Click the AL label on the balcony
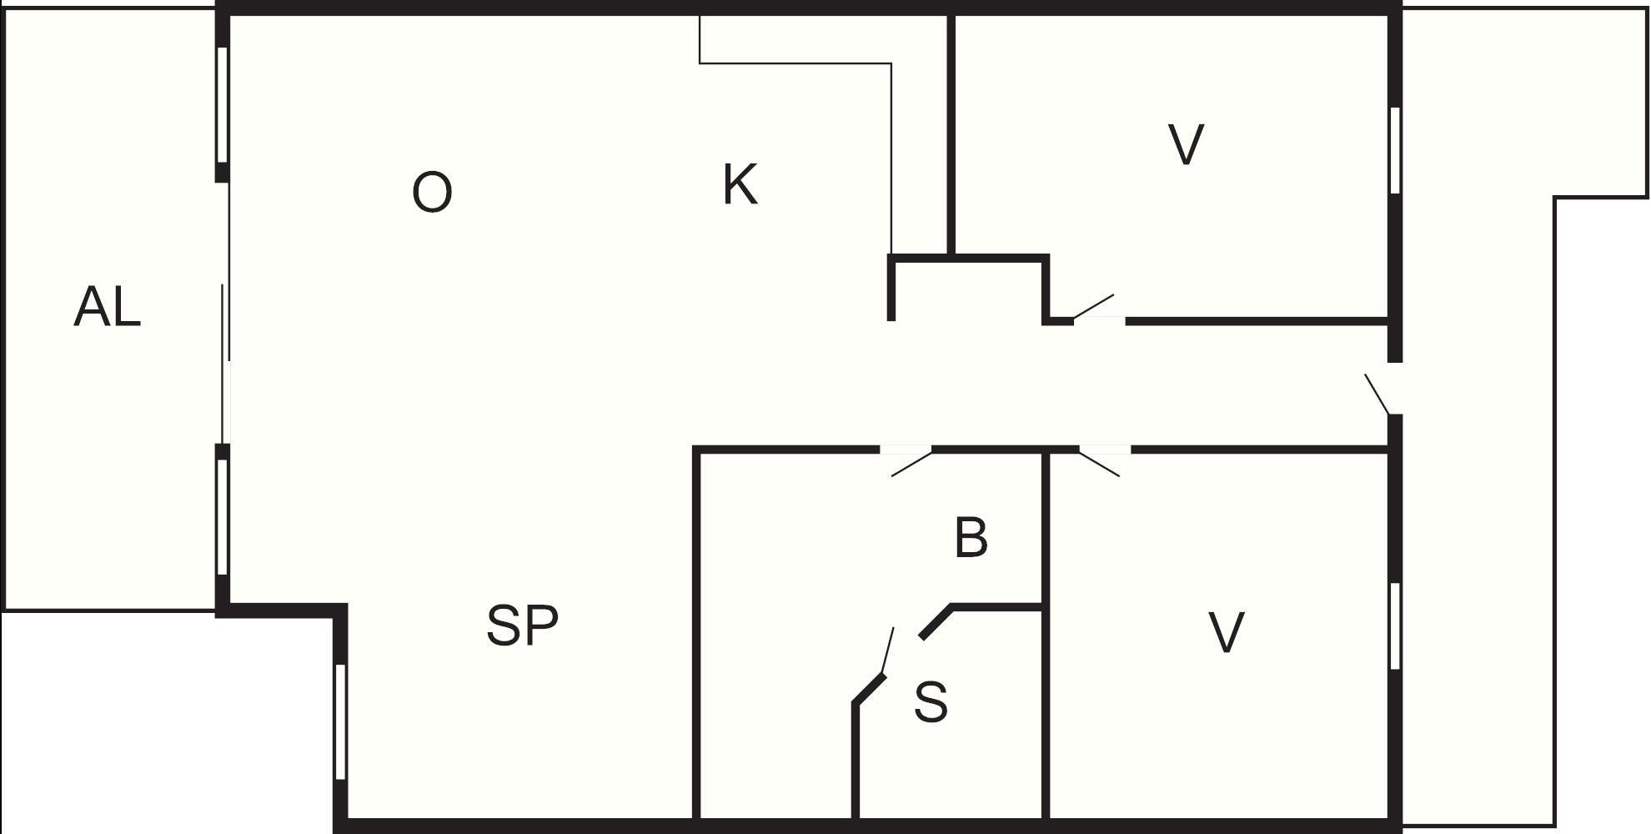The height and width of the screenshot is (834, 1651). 108,306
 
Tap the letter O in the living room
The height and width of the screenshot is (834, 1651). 432,192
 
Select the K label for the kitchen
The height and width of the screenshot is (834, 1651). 740,184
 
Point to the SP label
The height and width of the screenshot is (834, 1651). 522,625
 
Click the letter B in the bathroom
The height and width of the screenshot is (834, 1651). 971,537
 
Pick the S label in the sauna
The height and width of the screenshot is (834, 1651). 931,702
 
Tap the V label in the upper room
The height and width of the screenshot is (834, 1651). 1186,144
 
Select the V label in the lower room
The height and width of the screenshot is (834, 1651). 1227,632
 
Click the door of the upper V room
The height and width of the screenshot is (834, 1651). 1098,309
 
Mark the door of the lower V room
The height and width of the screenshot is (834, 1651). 1104,461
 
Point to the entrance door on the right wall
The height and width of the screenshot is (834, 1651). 1383,389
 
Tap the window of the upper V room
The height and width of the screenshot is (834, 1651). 1395,150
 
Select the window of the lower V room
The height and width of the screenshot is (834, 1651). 1395,625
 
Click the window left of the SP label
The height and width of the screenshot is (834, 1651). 339,721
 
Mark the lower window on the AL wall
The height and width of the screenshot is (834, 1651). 223,517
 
